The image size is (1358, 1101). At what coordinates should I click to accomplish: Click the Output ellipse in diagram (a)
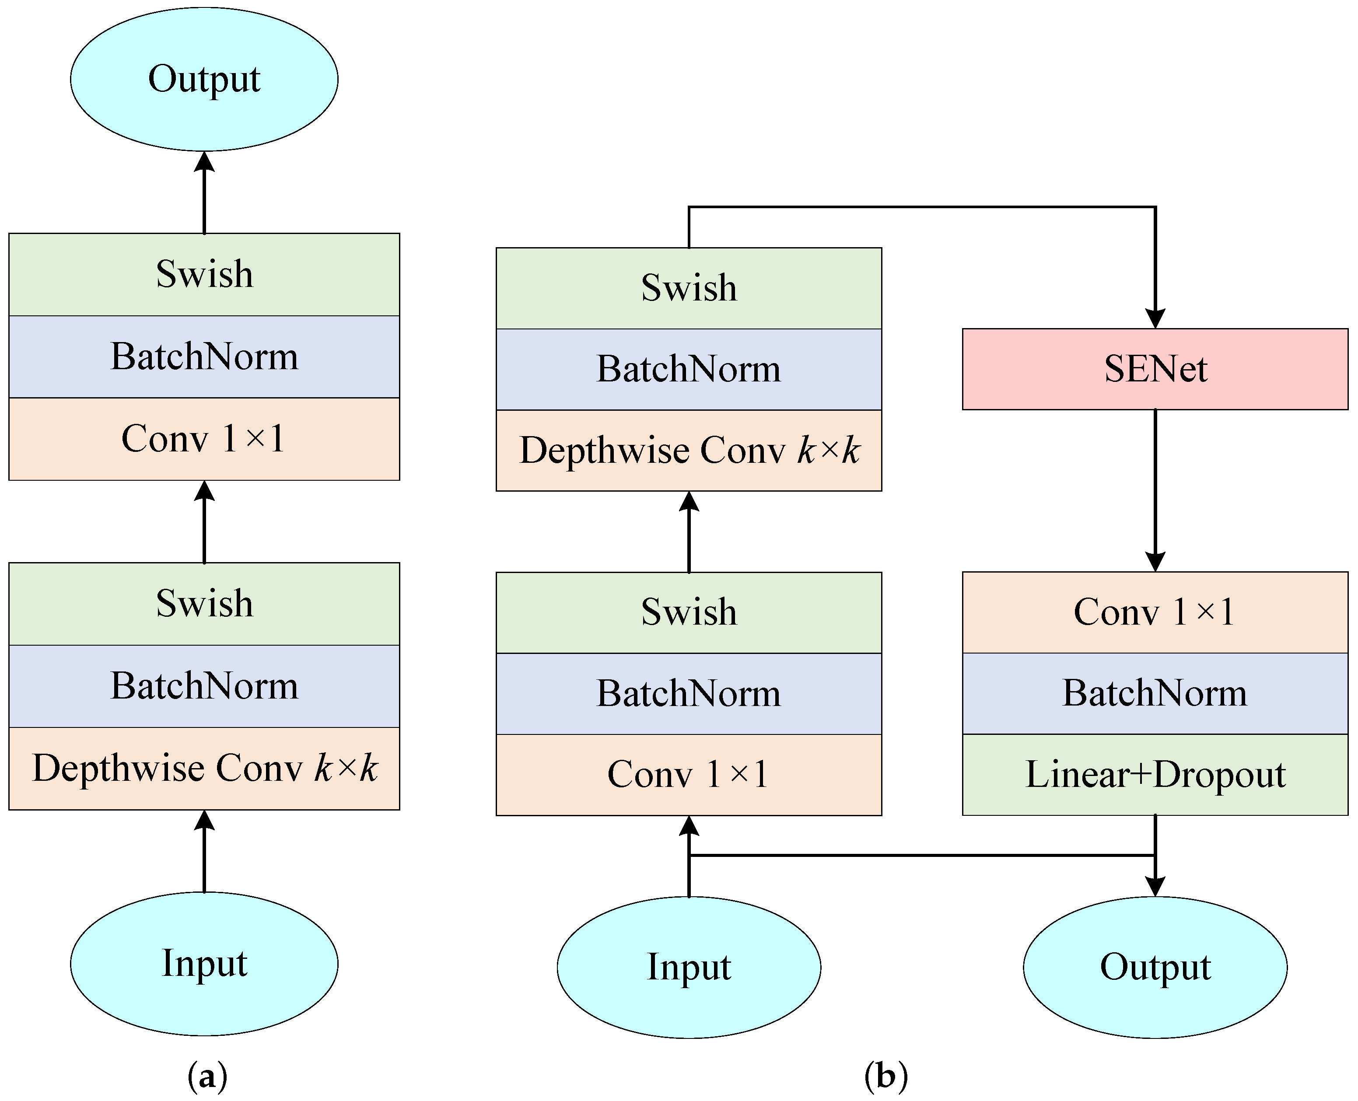(203, 79)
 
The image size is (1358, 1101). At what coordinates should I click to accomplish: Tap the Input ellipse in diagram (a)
(203, 964)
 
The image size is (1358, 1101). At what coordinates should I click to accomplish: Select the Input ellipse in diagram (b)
(689, 967)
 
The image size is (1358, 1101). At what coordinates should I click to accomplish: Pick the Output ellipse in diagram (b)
(1155, 967)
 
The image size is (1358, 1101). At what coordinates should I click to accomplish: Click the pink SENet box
(1155, 369)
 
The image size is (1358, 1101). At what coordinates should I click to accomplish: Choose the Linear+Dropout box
(1155, 774)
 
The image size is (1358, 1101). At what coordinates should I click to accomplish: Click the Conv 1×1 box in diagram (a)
(203, 439)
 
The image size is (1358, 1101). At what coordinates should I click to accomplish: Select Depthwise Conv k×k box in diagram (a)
(203, 769)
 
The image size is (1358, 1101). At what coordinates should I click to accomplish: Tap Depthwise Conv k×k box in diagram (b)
(689, 450)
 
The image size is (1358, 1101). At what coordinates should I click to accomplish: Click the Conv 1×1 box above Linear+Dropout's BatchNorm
(1155, 612)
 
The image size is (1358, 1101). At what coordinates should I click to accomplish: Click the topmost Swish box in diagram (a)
(203, 274)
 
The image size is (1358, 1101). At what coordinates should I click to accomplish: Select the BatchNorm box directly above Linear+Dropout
(1155, 693)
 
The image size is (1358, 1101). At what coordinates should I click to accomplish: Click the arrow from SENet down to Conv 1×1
(1155, 488)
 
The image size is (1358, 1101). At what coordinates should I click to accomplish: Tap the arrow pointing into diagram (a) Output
(203, 190)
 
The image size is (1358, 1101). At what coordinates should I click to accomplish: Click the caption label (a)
(207, 1076)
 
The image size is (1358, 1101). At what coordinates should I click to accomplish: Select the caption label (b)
(885, 1076)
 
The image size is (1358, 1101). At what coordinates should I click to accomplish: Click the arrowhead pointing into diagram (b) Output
(1155, 885)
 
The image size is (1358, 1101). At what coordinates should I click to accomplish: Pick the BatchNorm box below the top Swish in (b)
(689, 369)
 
